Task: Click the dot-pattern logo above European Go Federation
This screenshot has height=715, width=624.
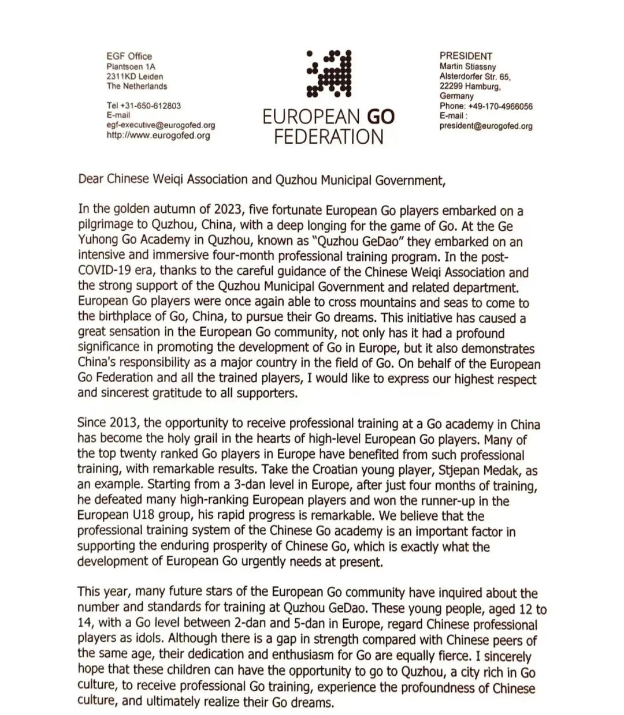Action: (x=329, y=73)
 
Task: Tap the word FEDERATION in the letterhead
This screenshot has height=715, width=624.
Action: (x=329, y=137)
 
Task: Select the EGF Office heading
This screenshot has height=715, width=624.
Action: (x=129, y=56)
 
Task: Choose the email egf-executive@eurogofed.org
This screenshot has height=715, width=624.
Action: (x=161, y=125)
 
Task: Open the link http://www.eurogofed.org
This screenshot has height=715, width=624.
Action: (x=158, y=136)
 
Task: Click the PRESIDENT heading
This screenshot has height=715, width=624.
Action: (x=466, y=56)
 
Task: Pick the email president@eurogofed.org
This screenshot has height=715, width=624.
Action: (x=486, y=126)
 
